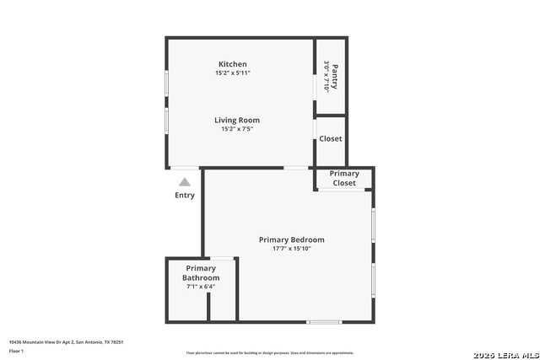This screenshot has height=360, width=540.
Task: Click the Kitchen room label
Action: (233, 64)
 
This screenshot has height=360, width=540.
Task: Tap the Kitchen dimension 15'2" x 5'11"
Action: (233, 73)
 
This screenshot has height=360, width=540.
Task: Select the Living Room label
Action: (237, 120)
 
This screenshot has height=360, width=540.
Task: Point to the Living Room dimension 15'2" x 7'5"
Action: (237, 129)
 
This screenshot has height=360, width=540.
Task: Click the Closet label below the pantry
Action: (331, 138)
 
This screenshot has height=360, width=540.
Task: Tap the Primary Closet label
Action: (344, 178)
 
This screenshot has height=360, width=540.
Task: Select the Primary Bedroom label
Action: (291, 239)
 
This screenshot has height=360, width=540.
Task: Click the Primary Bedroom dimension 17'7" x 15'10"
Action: (291, 249)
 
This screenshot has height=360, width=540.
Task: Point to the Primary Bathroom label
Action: (201, 273)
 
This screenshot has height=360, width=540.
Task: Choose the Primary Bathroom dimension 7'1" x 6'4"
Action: (201, 287)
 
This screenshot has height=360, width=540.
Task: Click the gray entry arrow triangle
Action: (185, 181)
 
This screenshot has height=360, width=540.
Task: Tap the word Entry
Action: (185, 195)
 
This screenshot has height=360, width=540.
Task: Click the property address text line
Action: (66, 342)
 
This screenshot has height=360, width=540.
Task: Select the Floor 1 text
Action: (16, 351)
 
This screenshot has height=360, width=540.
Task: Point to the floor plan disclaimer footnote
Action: (270, 352)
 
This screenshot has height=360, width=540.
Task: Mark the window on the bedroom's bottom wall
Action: (324, 322)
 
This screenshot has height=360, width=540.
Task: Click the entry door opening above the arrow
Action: (185, 168)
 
